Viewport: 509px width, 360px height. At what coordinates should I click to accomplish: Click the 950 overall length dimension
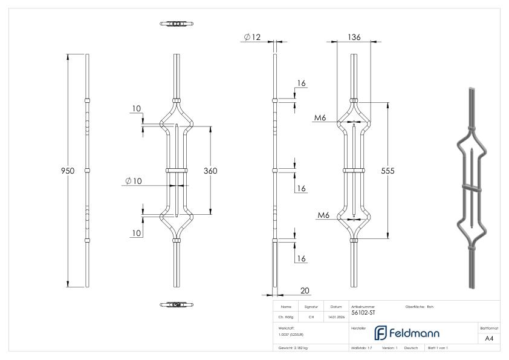[68, 171]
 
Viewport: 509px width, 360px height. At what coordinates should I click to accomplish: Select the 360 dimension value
[210, 171]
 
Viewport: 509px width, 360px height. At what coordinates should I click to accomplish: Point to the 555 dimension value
[387, 171]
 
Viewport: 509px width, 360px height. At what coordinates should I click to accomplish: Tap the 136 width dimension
[354, 37]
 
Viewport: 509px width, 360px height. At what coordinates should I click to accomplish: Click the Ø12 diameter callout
[252, 38]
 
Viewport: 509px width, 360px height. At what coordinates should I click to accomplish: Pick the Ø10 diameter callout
[133, 181]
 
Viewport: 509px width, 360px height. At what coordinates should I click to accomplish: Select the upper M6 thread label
[320, 117]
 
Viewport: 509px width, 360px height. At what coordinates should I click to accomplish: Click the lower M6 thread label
[323, 215]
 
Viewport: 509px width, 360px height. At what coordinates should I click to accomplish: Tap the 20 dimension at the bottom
[305, 291]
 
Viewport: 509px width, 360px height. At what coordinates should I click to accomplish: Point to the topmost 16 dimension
[302, 83]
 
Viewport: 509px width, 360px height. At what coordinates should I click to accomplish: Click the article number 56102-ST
[363, 313]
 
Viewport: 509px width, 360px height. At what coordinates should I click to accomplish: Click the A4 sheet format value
[489, 338]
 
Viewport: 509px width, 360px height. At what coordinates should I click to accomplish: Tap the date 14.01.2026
[336, 316]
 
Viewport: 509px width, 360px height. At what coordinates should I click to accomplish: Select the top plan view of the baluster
[177, 24]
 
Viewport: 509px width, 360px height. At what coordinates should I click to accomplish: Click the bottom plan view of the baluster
[177, 304]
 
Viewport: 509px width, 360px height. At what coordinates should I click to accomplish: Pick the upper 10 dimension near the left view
[137, 109]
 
